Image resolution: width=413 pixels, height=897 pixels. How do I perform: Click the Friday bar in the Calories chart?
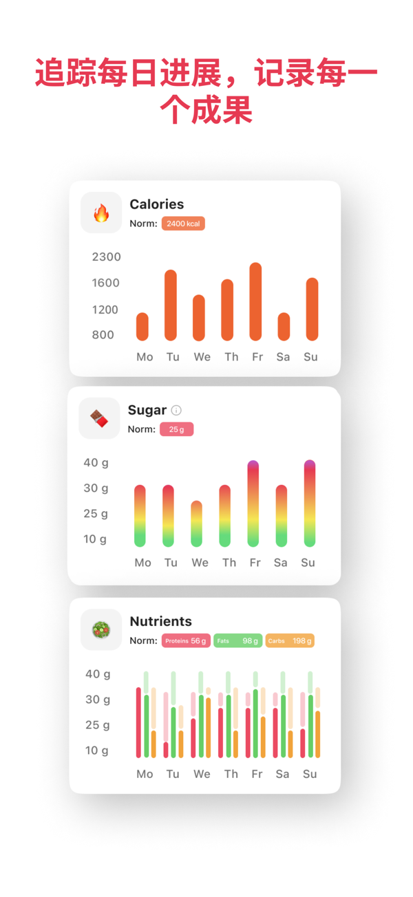pos(255,301)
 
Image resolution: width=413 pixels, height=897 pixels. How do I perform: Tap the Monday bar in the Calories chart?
pos(142,327)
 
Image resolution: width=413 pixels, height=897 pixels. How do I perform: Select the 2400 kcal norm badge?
pos(183,224)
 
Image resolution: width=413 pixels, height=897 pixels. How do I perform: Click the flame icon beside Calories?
pos(101,213)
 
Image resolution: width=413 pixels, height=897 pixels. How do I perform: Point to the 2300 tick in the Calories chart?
pos(106,257)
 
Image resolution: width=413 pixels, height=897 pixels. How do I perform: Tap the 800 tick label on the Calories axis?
pos(103,335)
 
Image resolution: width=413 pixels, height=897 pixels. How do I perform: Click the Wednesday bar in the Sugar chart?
pos(196,523)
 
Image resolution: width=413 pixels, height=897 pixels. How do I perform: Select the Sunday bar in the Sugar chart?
pos(310,504)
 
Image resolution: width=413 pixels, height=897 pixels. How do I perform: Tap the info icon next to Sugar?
pos(176,410)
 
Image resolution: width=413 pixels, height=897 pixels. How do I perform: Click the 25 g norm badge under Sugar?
pos(177,429)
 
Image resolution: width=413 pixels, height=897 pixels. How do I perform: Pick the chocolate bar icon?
pos(99,418)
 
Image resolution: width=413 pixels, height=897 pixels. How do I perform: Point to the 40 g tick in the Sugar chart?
pos(96,462)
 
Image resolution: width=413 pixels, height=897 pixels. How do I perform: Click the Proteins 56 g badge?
pos(186,640)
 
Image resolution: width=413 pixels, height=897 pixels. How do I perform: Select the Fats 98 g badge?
pos(238,640)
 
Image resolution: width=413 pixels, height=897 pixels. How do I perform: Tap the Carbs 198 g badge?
pos(290,640)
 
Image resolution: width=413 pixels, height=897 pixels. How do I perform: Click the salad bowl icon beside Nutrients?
pos(101,630)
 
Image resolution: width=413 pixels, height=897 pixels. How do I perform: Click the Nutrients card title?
pos(160,621)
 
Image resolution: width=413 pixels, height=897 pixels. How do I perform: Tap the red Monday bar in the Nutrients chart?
pos(138,722)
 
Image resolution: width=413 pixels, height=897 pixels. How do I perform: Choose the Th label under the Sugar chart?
pos(229,563)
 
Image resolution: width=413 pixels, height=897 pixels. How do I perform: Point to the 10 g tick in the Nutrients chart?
pos(96,750)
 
